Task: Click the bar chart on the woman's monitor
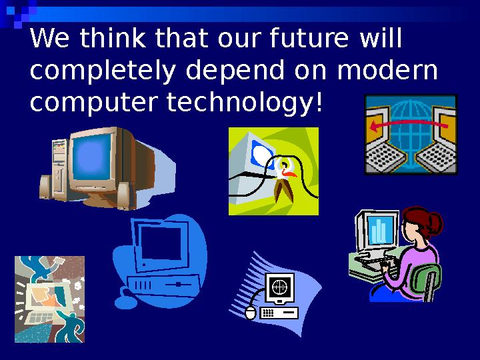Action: pos(379,231)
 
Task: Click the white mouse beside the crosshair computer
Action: pos(251,312)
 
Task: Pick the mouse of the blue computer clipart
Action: pos(125,303)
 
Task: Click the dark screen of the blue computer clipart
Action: pos(162,243)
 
